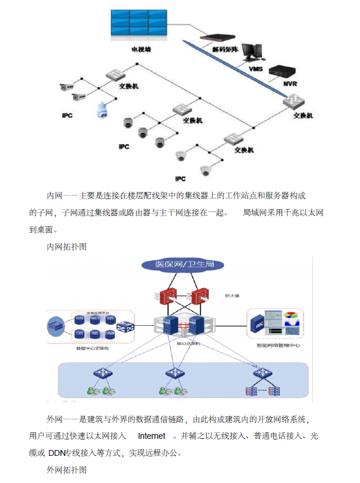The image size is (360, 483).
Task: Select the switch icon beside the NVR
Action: pos(292,100)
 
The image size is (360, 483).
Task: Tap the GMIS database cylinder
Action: pos(110,333)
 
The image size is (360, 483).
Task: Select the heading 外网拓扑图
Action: pos(67,471)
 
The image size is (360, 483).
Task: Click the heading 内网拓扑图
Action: pos(67,247)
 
